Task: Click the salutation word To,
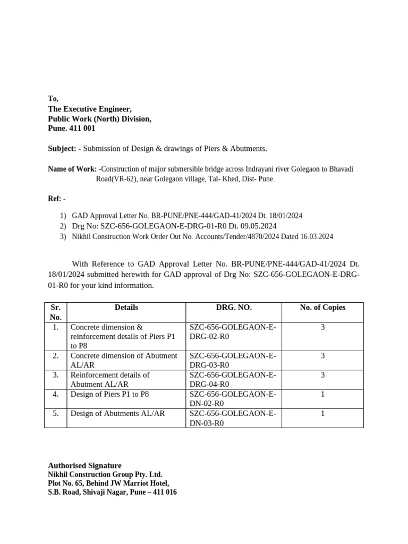(x=53, y=99)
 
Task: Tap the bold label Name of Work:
(x=72, y=169)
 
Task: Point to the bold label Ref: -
(x=57, y=199)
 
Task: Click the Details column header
(x=126, y=308)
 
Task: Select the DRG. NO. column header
(x=234, y=308)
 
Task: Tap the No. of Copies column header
(x=322, y=308)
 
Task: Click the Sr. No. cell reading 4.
(x=55, y=394)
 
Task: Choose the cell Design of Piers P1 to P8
(x=109, y=394)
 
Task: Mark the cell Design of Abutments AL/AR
(x=117, y=413)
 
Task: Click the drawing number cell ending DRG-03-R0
(x=233, y=360)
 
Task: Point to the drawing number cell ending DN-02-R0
(x=233, y=399)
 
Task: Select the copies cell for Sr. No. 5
(x=322, y=413)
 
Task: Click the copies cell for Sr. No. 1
(x=322, y=327)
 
